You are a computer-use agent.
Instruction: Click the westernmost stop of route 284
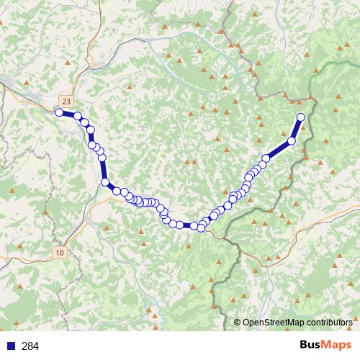tap(59, 112)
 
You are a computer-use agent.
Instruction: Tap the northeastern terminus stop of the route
tap(301, 117)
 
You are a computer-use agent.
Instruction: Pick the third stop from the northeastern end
tap(266, 158)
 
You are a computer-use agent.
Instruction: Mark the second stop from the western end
tap(77, 116)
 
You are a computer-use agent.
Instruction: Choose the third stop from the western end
tap(84, 123)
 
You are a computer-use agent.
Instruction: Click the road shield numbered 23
tap(67, 102)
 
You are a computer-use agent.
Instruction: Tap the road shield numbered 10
tap(59, 253)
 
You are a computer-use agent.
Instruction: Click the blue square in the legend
tap(9, 346)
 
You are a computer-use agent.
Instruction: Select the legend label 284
tap(30, 346)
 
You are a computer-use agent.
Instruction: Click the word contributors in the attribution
tap(330, 323)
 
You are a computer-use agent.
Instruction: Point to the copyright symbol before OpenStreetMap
tap(238, 323)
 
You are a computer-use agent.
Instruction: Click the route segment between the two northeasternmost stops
tap(297, 129)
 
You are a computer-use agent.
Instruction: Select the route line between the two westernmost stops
tap(68, 114)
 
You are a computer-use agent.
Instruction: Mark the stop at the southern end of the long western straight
tap(106, 183)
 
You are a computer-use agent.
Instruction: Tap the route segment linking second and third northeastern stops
tap(279, 149)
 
